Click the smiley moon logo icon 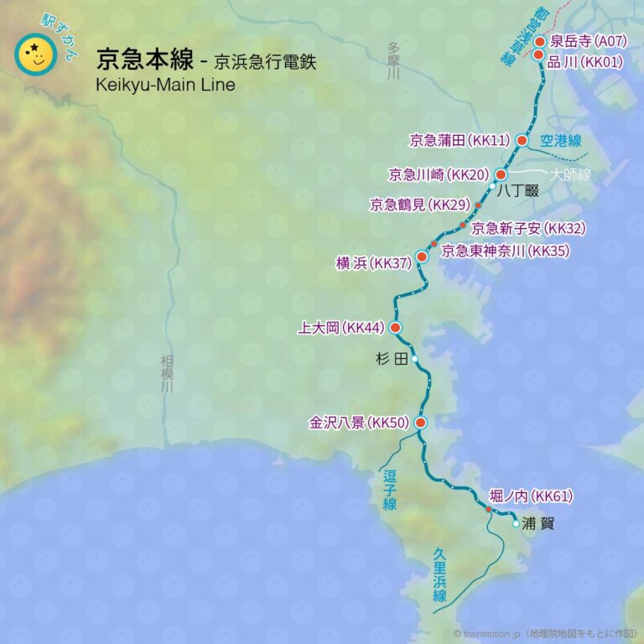click(x=35, y=55)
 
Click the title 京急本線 click(x=143, y=61)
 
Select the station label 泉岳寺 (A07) click(x=585, y=41)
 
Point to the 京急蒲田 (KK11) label click(x=459, y=140)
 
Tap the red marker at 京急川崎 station click(x=501, y=174)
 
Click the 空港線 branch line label click(x=561, y=141)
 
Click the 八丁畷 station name click(x=517, y=191)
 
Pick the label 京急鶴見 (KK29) click(x=419, y=205)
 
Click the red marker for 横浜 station click(x=422, y=257)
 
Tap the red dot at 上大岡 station click(x=395, y=327)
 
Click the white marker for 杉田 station click(x=414, y=358)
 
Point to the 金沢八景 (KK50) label click(x=358, y=423)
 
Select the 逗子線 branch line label click(x=390, y=491)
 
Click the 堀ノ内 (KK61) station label click(x=531, y=496)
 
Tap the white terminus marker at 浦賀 click(x=516, y=523)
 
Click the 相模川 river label click(x=167, y=374)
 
